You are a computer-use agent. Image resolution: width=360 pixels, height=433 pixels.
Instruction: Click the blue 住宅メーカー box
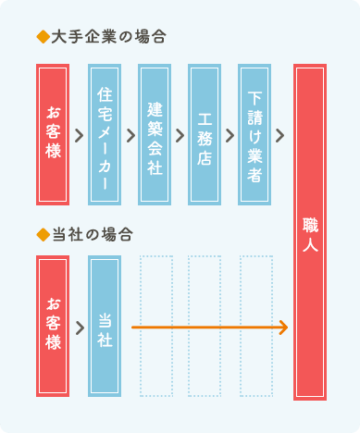click(x=105, y=134)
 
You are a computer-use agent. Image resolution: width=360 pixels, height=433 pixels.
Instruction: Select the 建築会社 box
click(x=155, y=134)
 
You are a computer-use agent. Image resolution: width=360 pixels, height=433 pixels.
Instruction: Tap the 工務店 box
click(x=205, y=134)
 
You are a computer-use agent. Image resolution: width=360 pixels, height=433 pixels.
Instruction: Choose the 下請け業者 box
click(x=254, y=134)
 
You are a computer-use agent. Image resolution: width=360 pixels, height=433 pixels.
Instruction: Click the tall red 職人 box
click(x=310, y=231)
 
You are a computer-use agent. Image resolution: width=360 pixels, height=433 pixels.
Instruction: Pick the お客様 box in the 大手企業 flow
click(x=54, y=134)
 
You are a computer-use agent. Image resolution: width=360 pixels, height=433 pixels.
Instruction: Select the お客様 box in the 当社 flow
click(x=54, y=326)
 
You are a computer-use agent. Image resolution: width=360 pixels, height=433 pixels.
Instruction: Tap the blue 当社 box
click(x=105, y=326)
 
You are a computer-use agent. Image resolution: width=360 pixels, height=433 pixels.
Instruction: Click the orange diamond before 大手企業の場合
click(x=40, y=38)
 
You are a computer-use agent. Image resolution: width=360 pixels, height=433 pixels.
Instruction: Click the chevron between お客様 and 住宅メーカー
click(x=80, y=135)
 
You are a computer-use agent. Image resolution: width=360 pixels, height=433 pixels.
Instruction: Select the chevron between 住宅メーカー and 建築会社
click(x=130, y=135)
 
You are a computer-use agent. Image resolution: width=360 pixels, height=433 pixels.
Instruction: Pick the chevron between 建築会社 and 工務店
click(x=180, y=135)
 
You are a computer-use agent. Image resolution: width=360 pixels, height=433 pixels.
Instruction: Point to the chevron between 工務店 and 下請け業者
click(x=230, y=135)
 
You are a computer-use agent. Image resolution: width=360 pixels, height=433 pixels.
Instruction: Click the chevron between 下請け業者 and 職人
click(x=279, y=135)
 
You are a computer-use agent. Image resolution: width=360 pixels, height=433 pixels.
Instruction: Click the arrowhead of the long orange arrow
click(x=283, y=328)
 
